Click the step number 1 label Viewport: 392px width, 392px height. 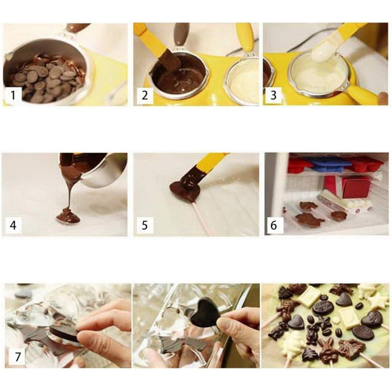coord(13,95)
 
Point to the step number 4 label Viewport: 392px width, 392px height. coord(13,225)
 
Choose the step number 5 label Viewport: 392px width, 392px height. coord(145,225)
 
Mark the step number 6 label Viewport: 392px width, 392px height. coord(274,225)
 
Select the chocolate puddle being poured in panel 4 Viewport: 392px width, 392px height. coord(68,216)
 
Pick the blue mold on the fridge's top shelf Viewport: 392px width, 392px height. coord(327,165)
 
